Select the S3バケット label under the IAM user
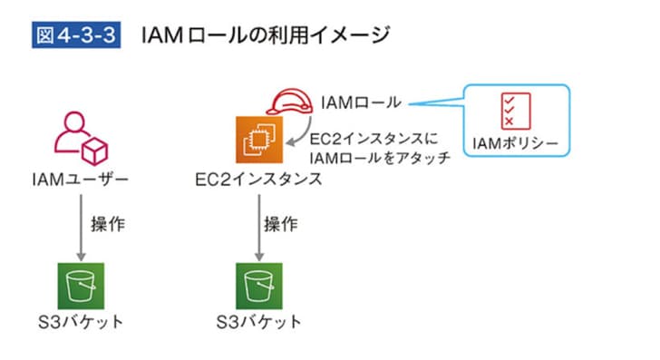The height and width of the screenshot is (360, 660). (79, 322)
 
